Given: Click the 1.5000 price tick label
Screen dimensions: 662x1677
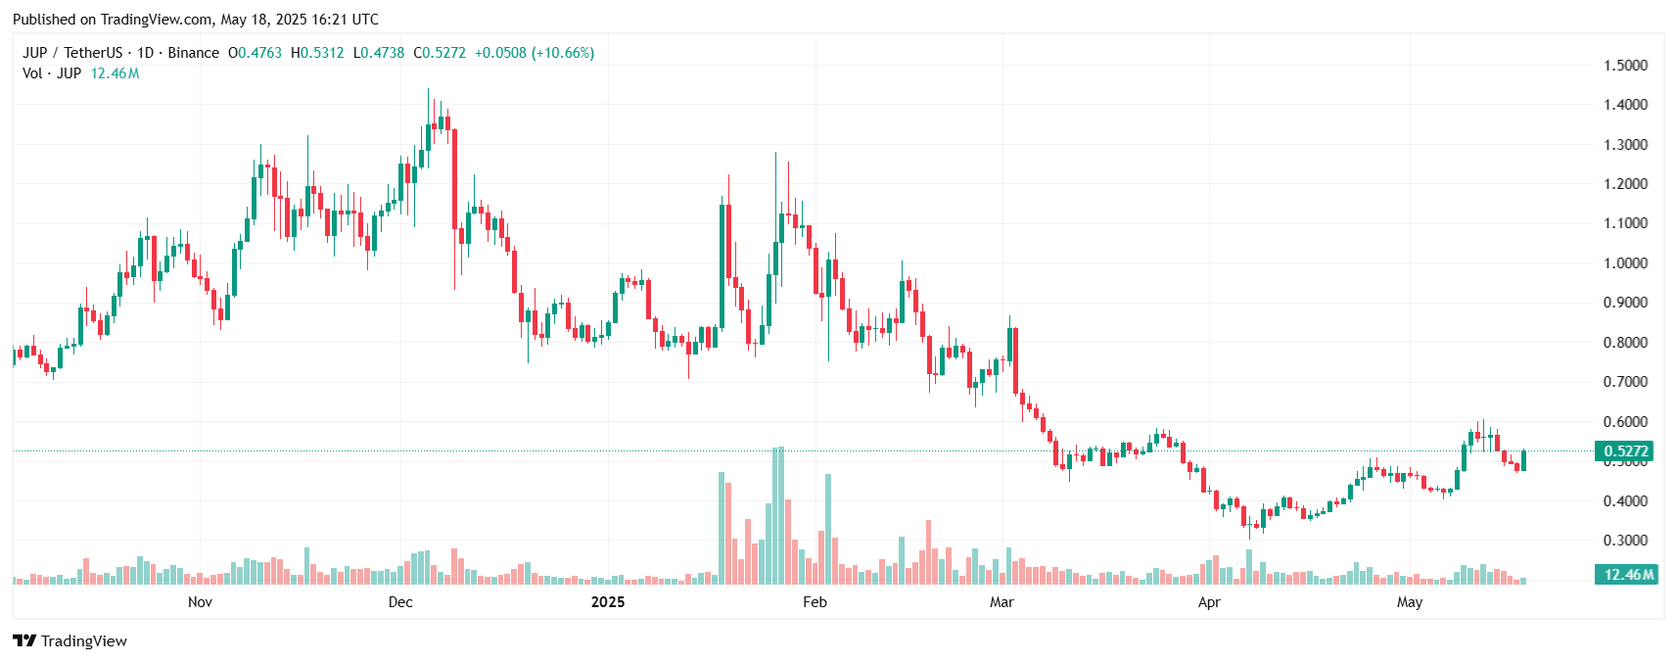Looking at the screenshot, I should pyautogui.click(x=1625, y=66).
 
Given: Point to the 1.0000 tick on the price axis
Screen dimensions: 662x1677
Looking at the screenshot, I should pyautogui.click(x=1625, y=263).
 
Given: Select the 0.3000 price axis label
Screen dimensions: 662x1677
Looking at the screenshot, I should pyautogui.click(x=1625, y=541).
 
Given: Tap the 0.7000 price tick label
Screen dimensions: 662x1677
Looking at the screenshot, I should pyautogui.click(x=1625, y=382).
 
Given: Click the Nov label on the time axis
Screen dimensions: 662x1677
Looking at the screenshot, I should pyautogui.click(x=200, y=602).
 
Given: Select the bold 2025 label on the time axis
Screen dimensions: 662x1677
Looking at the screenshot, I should pyautogui.click(x=608, y=602).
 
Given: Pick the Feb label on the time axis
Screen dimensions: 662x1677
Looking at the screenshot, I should pyautogui.click(x=815, y=602).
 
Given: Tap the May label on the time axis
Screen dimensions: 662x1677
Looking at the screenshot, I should pyautogui.click(x=1410, y=602).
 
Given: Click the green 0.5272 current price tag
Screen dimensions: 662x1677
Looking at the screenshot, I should pyautogui.click(x=1625, y=451).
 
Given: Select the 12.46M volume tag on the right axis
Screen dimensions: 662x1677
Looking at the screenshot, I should pyautogui.click(x=1628, y=575).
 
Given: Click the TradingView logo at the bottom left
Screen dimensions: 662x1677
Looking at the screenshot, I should pyautogui.click(x=70, y=641).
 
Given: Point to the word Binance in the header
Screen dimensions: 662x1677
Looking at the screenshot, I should pyautogui.click(x=193, y=53).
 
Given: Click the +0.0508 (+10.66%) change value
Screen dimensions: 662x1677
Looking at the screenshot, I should pyautogui.click(x=535, y=53).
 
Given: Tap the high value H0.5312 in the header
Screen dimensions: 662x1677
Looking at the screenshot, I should pyautogui.click(x=317, y=53).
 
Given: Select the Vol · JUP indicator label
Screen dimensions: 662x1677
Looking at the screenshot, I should pyautogui.click(x=52, y=73).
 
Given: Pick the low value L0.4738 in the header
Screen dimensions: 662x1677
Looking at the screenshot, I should pyautogui.click(x=379, y=53).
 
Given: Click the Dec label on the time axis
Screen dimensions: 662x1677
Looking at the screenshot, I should pyautogui.click(x=400, y=602).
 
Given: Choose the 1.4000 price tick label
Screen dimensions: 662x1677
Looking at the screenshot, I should pyautogui.click(x=1625, y=105).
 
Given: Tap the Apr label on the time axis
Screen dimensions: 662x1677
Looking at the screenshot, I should pyautogui.click(x=1209, y=602).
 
